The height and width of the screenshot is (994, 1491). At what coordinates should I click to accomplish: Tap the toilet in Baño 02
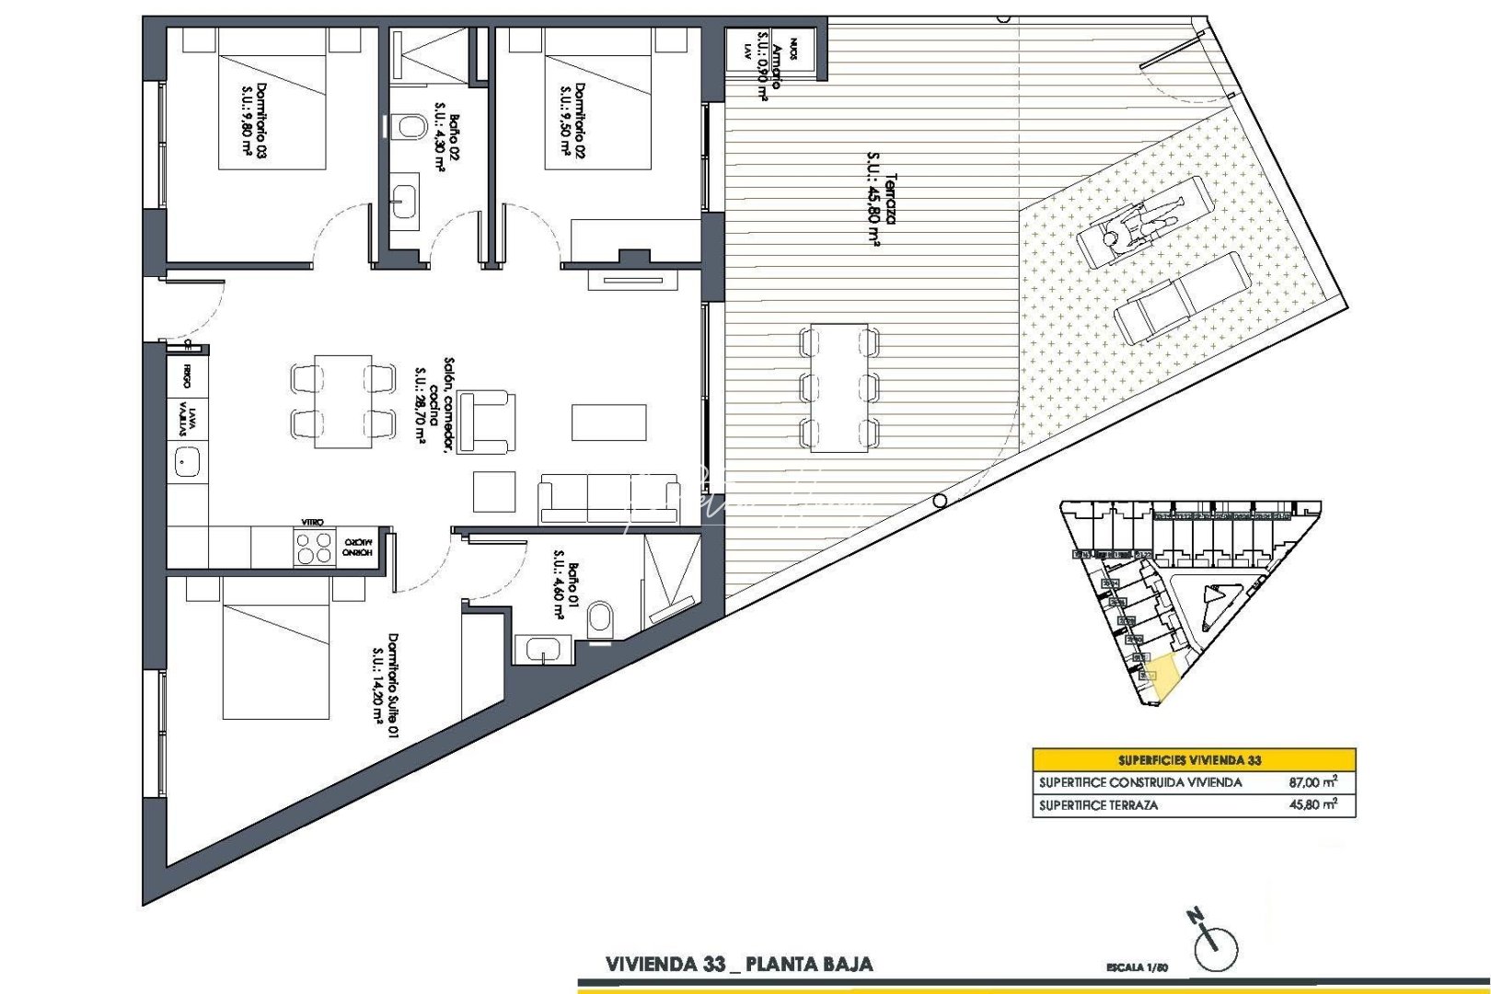[x=408, y=126]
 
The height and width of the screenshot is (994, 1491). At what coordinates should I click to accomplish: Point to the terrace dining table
[x=839, y=387]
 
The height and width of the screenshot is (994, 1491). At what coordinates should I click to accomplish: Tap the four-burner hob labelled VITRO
[x=314, y=548]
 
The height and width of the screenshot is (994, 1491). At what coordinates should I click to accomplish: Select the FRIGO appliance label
[x=187, y=376]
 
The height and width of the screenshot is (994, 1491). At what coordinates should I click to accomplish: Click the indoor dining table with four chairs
[x=343, y=401]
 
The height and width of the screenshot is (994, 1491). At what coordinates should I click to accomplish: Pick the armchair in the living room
[x=486, y=422]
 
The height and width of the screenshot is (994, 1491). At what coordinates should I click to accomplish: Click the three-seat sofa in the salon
[x=608, y=499]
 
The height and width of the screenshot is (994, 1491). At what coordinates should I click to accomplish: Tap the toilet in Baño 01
[x=599, y=619]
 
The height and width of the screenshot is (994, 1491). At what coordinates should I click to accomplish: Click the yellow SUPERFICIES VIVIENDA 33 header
[x=1194, y=760]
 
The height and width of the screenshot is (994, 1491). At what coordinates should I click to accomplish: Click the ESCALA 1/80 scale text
[x=1138, y=967]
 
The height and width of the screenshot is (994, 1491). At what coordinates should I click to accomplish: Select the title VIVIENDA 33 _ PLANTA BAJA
[x=739, y=965]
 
